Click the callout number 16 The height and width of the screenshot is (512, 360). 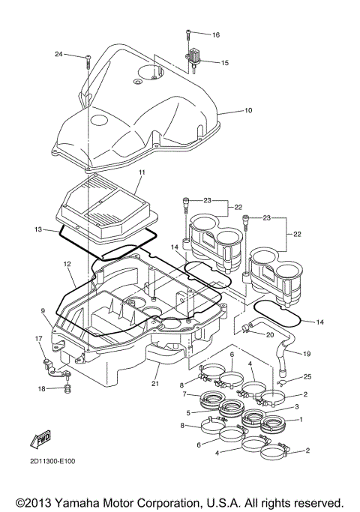click(215, 35)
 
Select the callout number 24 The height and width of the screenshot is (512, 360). click(59, 55)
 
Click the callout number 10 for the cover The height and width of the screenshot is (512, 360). click(247, 110)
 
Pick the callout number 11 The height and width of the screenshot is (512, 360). click(139, 172)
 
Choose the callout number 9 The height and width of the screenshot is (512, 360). click(43, 310)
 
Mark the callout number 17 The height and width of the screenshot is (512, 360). click(39, 339)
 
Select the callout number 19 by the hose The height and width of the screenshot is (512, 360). click(307, 353)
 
